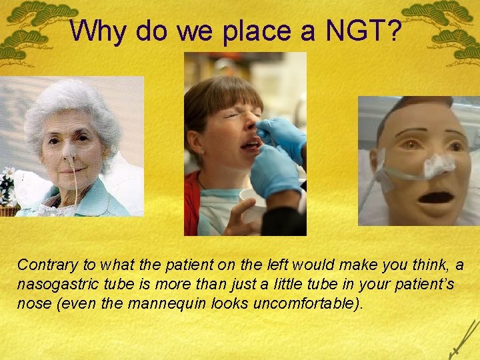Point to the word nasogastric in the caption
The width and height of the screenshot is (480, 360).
click(54, 285)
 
